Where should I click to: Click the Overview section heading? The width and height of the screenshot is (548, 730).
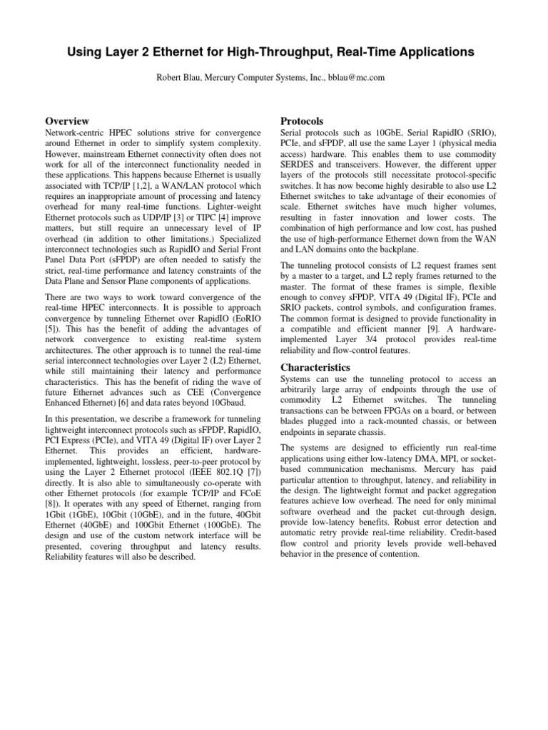pos(67,121)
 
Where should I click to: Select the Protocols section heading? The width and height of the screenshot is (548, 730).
pos(303,121)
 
